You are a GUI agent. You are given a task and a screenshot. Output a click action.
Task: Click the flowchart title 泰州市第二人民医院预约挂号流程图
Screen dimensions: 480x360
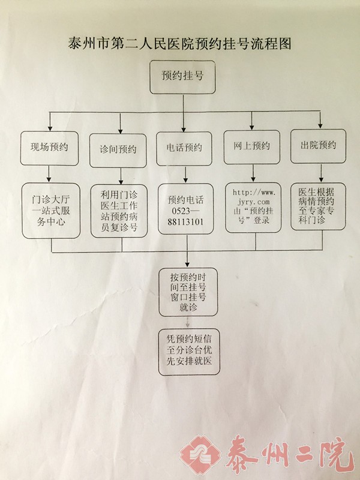tap(180, 44)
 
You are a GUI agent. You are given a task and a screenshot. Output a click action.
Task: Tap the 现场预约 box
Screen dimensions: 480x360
tap(49, 147)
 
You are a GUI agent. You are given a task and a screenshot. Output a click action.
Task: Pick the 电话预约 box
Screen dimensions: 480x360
tap(184, 148)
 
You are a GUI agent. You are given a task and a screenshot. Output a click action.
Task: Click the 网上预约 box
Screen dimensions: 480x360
tap(251, 146)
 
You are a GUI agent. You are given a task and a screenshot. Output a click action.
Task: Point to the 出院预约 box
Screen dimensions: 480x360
tap(318, 146)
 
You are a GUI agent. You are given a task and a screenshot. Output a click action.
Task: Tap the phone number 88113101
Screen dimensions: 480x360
tap(185, 221)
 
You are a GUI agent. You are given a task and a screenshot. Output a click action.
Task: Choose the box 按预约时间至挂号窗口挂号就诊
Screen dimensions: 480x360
tap(188, 292)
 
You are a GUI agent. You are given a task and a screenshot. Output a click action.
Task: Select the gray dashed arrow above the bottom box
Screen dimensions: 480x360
tap(188, 323)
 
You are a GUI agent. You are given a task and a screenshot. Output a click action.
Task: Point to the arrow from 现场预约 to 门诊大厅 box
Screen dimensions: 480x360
tap(50, 175)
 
